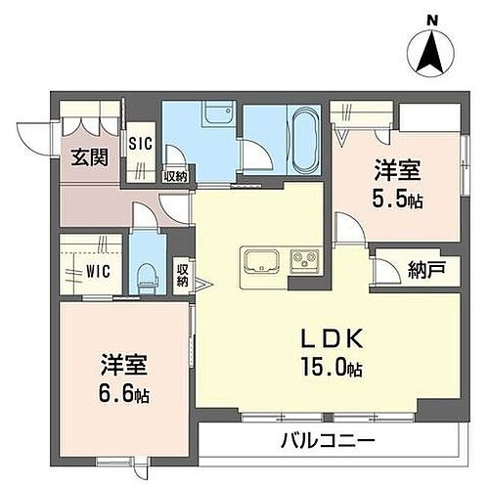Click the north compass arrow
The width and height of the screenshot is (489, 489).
point(428,53)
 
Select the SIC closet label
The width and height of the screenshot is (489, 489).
point(141,142)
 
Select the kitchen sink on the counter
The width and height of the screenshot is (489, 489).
point(263,261)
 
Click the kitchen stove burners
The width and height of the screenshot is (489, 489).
point(302,261)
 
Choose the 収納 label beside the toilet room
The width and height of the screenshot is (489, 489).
point(183,275)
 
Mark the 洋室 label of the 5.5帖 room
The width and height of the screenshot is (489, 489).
point(397,170)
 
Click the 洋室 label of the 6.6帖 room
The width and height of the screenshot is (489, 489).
point(123,367)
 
